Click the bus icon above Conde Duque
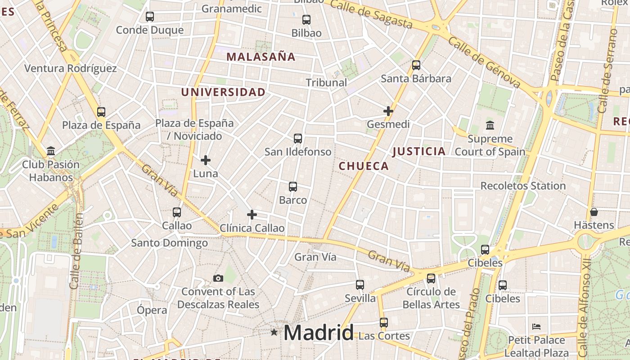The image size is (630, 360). click(x=150, y=17)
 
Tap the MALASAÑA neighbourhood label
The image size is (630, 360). click(x=261, y=57)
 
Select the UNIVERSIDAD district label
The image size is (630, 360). click(x=223, y=92)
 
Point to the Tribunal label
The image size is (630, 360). click(x=327, y=82)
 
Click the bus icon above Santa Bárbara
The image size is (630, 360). click(x=416, y=65)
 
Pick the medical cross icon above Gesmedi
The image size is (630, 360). click(x=388, y=111)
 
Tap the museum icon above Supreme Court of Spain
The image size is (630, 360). click(x=490, y=125)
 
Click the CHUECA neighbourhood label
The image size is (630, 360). click(x=364, y=166)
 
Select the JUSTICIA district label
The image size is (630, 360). click(x=419, y=151)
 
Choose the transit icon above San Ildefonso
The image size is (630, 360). click(x=298, y=139)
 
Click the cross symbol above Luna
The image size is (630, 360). click(x=206, y=160)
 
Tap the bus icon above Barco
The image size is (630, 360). click(x=293, y=186)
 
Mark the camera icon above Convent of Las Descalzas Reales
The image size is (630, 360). click(x=218, y=278)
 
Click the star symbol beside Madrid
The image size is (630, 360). click(x=274, y=332)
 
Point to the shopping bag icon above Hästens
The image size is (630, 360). click(x=594, y=211)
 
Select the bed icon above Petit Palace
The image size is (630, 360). click(x=536, y=327)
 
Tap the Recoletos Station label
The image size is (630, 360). click(x=523, y=185)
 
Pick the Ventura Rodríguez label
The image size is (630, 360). click(x=71, y=68)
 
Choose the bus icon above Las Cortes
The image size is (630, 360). click(x=383, y=322)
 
